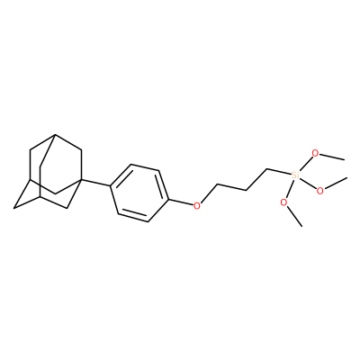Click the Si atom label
pos(295,175)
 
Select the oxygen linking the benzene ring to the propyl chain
pos(197,205)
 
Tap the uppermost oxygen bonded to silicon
pos(315,153)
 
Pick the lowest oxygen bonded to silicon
pos(283,202)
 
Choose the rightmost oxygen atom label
pos(320,191)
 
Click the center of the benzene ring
pos(139,193)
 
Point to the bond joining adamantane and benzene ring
pos(97,183)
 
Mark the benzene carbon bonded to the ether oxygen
pos(167,199)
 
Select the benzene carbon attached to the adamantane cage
pos(111,186)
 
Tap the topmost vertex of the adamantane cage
pos(55,135)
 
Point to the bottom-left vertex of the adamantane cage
pos(13,208)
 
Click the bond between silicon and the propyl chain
pos(279,172)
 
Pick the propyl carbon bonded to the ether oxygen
pos(218,184)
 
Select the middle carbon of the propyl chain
pos(246,190)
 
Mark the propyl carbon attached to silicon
pos(266,169)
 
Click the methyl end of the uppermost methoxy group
pos(344,160)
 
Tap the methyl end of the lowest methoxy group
pos(301,226)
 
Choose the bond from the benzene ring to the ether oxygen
pos(180,202)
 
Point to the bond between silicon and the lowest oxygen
pos(290,189)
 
